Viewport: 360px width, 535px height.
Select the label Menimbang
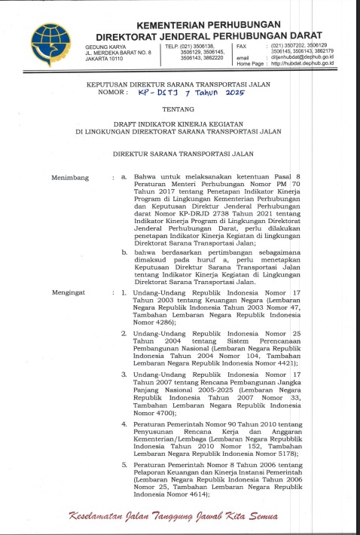[x=70, y=178]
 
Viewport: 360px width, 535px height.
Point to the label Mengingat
[x=70, y=269]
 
